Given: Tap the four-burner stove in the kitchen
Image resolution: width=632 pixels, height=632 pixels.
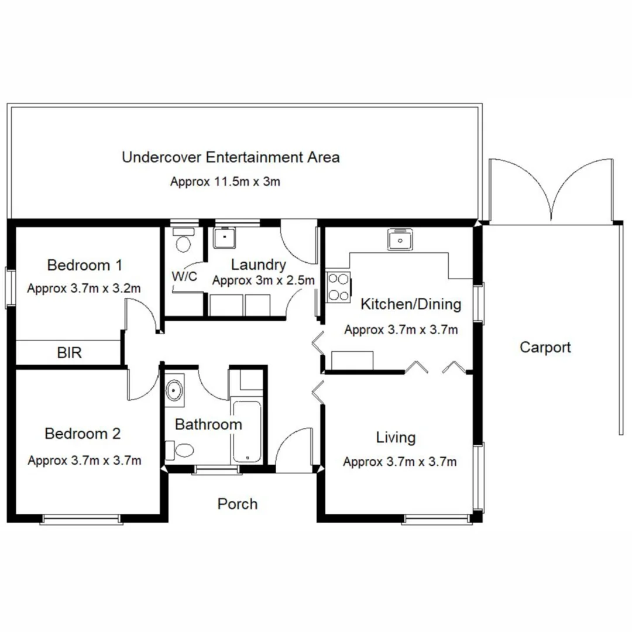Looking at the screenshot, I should (x=338, y=287).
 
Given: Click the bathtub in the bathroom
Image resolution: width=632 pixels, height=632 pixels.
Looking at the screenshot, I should (x=248, y=431).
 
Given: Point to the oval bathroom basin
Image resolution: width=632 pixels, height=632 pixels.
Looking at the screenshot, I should (x=174, y=391).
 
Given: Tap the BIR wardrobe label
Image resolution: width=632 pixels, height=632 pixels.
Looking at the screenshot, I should (x=69, y=353).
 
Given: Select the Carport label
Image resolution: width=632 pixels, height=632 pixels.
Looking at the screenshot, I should (x=545, y=348).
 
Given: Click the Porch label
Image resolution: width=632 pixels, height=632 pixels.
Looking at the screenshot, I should (x=237, y=504).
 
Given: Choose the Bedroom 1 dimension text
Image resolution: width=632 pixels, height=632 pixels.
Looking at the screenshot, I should (x=84, y=288).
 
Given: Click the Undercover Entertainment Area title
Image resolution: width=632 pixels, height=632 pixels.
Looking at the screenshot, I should (x=231, y=157).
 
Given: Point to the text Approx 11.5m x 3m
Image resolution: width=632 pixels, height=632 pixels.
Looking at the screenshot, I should (x=225, y=181).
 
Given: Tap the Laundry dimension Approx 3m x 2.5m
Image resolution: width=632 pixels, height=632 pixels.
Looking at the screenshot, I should (x=263, y=281).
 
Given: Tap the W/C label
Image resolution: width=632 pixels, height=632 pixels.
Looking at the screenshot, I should (x=184, y=276).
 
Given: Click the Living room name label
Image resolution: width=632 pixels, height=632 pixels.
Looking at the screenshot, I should (x=396, y=437).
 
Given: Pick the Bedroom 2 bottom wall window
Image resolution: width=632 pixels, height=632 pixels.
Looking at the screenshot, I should (x=83, y=518).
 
